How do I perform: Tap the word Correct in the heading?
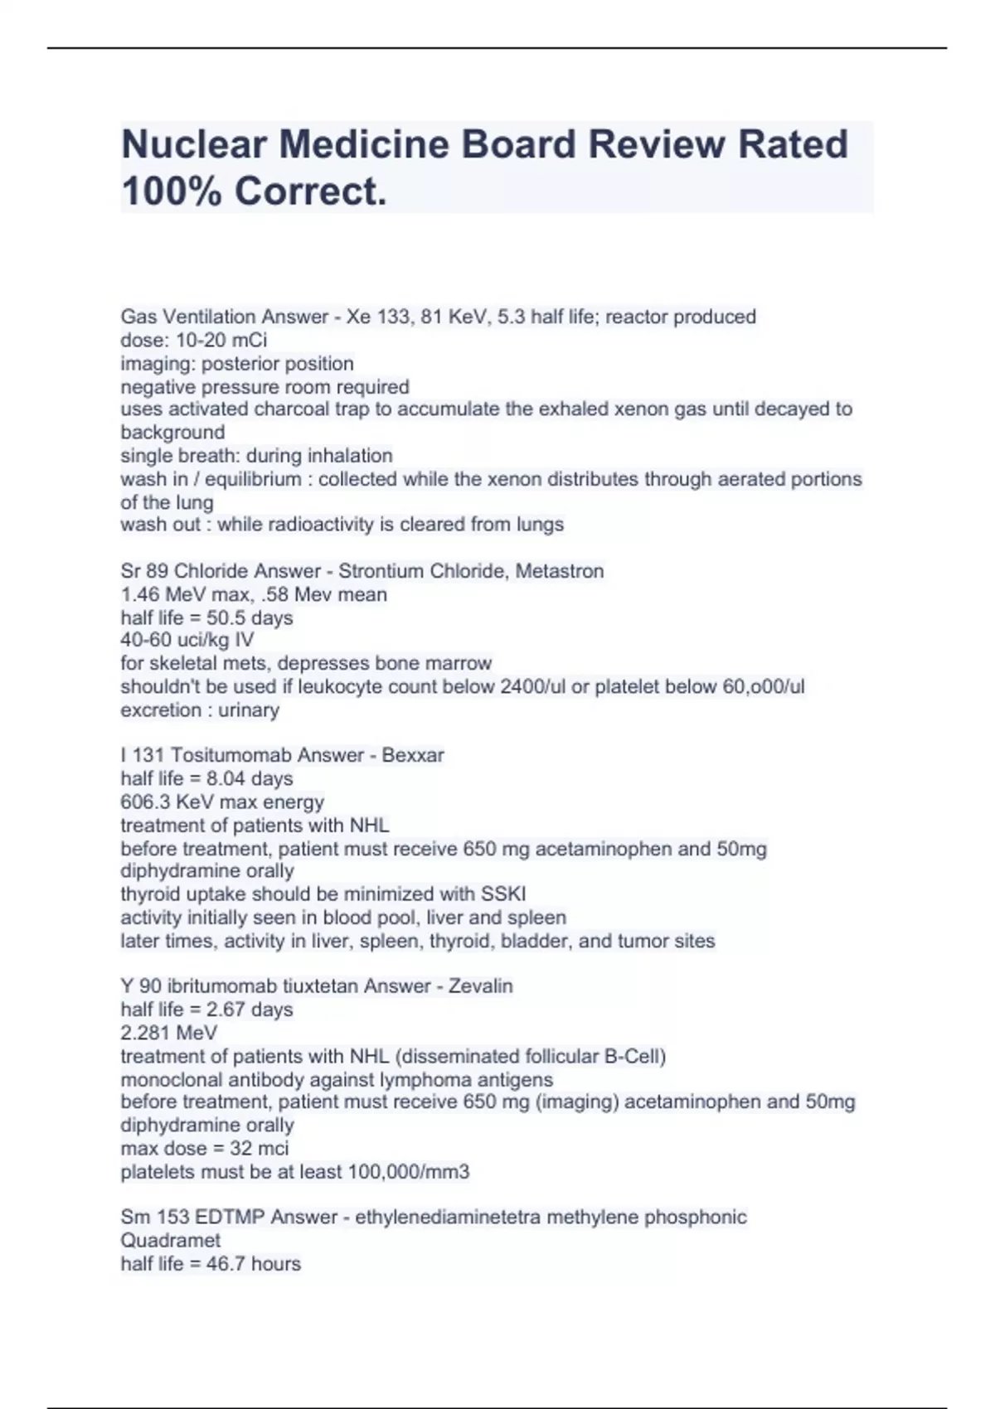point(308,191)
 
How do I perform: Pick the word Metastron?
point(560,571)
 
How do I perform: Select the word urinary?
point(249,709)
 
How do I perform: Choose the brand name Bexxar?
point(413,755)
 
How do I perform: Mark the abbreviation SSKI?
point(503,894)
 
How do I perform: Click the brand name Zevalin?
point(481,985)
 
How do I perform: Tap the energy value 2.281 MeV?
point(169,1033)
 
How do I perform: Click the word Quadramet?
point(171,1240)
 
